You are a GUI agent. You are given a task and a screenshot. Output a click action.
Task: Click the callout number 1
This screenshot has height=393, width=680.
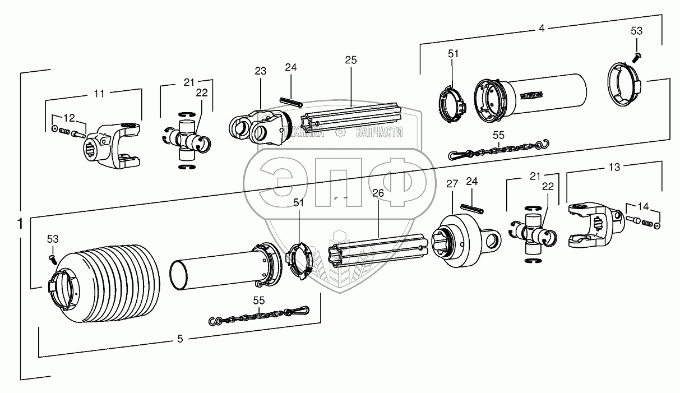(20, 224)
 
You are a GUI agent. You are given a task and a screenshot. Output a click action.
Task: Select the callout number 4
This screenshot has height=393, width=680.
(541, 27)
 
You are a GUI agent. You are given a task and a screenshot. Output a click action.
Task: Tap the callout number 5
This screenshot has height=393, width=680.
(180, 339)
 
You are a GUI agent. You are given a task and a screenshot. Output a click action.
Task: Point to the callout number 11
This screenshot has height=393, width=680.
(99, 94)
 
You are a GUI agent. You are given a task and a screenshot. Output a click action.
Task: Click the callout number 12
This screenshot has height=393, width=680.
(68, 118)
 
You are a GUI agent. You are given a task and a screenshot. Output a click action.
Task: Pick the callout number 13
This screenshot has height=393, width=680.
(614, 167)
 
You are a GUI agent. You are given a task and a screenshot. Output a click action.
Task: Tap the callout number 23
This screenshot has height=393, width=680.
(260, 71)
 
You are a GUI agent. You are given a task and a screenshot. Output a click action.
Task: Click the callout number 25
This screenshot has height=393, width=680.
(351, 59)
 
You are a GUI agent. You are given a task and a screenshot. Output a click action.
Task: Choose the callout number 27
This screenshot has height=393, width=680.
(452, 183)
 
